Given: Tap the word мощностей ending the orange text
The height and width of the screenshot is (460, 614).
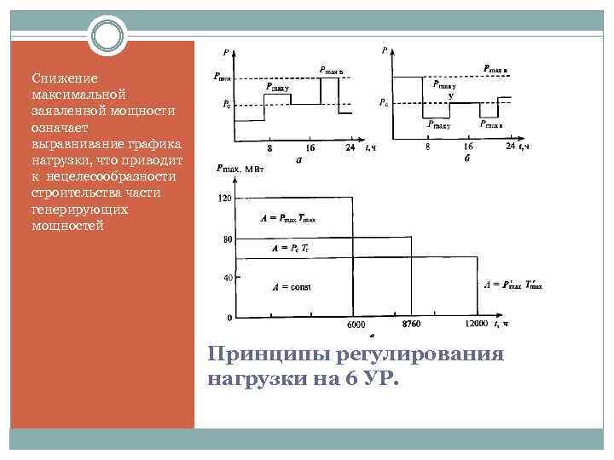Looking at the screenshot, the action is (x=67, y=225).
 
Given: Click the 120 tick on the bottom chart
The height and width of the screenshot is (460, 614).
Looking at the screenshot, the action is (x=225, y=198).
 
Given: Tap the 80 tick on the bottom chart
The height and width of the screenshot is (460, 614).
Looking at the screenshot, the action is (x=228, y=239).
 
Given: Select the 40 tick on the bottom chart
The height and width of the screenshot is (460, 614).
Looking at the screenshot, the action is (x=228, y=278).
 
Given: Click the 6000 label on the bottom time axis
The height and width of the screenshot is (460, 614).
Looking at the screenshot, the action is (x=356, y=325).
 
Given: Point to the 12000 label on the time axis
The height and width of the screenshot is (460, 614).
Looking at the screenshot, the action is (x=476, y=324).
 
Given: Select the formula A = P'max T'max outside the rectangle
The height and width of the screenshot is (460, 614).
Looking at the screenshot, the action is (x=513, y=285).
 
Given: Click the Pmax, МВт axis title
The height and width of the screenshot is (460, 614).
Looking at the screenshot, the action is (x=244, y=170).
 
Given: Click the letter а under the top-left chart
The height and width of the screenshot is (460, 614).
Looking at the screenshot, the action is (x=297, y=158).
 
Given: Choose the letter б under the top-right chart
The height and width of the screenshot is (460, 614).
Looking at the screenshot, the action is (x=466, y=158).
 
